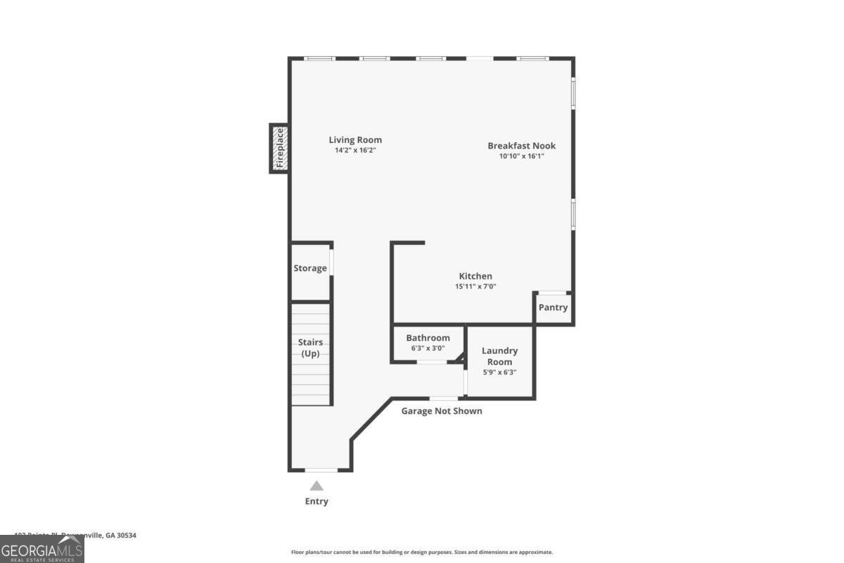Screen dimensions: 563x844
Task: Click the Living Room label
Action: click(355, 140)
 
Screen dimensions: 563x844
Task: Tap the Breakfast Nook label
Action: click(522, 146)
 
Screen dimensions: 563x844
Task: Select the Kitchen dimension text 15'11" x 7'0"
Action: click(475, 286)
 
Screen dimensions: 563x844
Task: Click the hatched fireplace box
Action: click(279, 148)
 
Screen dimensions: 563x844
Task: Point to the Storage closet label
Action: click(310, 268)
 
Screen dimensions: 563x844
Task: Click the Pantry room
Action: click(553, 308)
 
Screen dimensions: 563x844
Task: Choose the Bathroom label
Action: click(428, 338)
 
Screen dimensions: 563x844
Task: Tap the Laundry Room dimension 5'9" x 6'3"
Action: click(499, 372)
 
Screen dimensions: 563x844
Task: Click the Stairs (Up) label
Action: click(310, 348)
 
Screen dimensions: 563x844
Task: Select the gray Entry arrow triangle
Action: click(316, 485)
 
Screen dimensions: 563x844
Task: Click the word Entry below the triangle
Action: click(316, 502)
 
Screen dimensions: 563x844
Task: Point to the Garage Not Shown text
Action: click(442, 411)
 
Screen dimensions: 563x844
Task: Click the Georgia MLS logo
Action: click(42, 549)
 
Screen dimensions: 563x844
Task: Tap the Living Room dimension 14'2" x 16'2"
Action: click(355, 151)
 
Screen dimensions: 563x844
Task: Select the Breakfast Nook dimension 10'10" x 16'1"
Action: click(522, 156)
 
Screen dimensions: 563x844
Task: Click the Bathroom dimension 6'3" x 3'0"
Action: click(428, 348)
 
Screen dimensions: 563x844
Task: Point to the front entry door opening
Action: click(321, 469)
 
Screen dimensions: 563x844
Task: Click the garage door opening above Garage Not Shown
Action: click(444, 398)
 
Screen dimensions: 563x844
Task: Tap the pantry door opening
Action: click(552, 293)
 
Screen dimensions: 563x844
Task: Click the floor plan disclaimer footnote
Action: click(422, 552)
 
